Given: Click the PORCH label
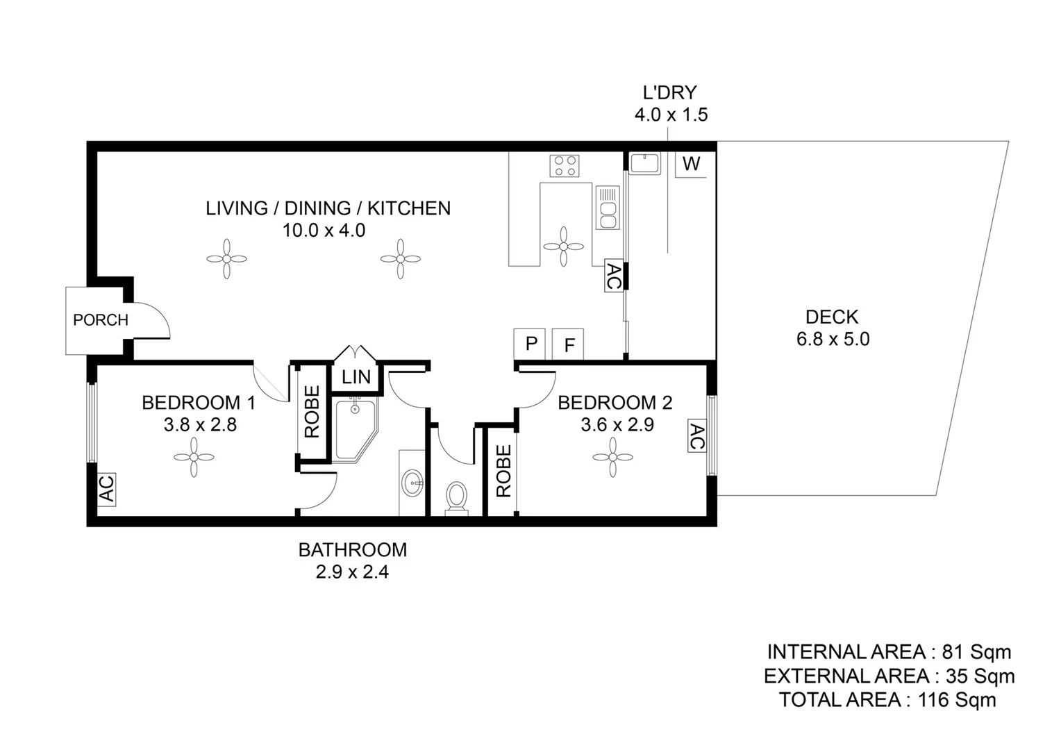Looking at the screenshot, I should pyautogui.click(x=101, y=320).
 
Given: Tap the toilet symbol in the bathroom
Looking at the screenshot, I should pyautogui.click(x=456, y=498).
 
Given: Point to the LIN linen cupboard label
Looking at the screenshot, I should pyautogui.click(x=356, y=377).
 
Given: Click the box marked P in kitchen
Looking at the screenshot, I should pyautogui.click(x=531, y=344).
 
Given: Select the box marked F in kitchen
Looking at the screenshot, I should pyautogui.click(x=569, y=344).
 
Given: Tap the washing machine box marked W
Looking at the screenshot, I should pyautogui.click(x=691, y=164).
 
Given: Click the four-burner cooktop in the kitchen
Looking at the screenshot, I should pyautogui.click(x=564, y=166).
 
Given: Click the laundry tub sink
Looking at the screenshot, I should pyautogui.click(x=645, y=164).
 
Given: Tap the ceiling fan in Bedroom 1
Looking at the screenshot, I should pyautogui.click(x=194, y=457).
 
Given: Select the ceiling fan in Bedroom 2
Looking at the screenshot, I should pyautogui.click(x=612, y=457).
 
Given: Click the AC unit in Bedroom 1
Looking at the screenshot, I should pyautogui.click(x=106, y=488).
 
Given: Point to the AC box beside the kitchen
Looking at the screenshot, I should pyautogui.click(x=613, y=276).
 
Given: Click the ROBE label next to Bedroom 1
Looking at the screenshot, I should pyautogui.click(x=312, y=412).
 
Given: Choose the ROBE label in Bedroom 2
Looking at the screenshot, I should pyautogui.click(x=503, y=471).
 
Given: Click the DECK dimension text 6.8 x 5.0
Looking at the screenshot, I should pyautogui.click(x=833, y=340).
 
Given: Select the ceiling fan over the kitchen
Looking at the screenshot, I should pyautogui.click(x=563, y=246).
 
